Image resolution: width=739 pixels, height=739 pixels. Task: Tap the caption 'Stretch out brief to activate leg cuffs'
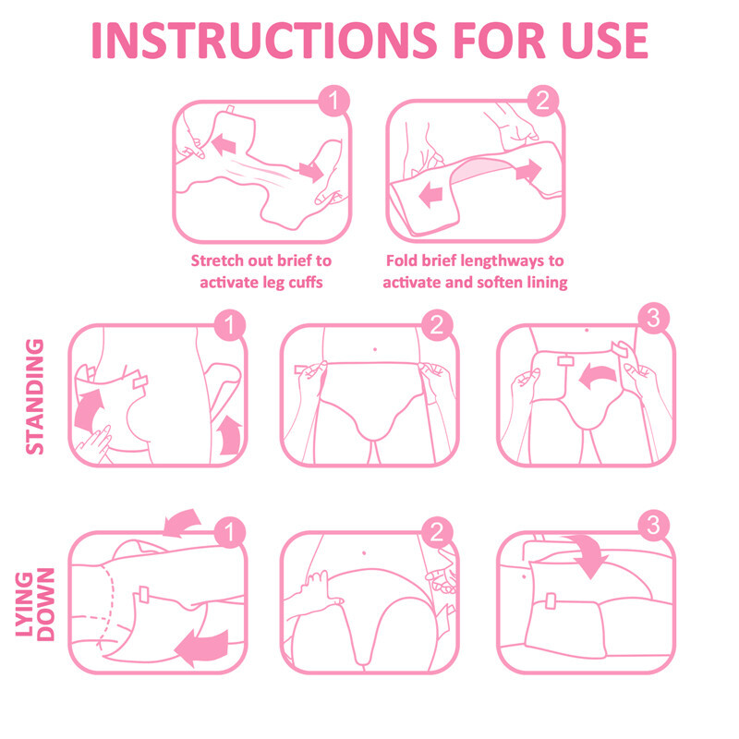click(x=261, y=271)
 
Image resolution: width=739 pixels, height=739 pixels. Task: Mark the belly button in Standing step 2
click(x=374, y=349)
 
